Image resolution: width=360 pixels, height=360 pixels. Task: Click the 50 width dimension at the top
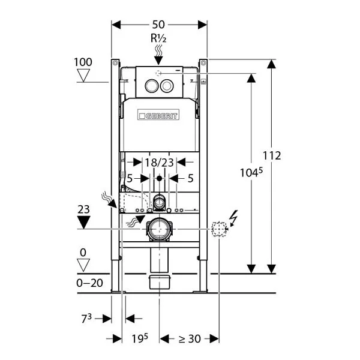(159, 25)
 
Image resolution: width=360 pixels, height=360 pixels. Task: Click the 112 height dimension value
(272, 156)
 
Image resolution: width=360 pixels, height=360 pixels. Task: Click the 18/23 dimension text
(159, 161)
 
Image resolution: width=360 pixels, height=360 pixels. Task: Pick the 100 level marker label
(83, 62)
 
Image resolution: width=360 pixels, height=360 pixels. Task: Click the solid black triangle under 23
(84, 222)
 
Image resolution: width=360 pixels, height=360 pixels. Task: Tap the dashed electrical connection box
(220, 229)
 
